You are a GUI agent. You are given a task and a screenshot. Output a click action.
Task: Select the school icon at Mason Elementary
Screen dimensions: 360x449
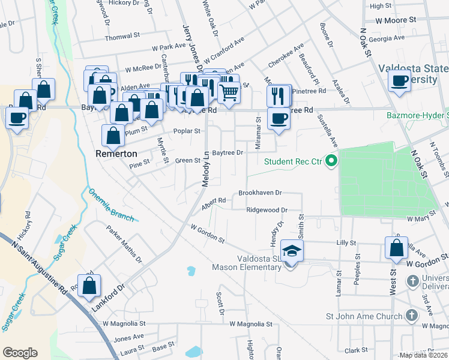click(x=292, y=251)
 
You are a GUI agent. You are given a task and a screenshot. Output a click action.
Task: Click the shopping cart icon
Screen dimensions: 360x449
click(x=228, y=92)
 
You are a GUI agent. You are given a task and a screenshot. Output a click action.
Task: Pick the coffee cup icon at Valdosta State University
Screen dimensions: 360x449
click(x=399, y=80)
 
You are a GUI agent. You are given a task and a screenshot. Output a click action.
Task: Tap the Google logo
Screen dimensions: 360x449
click(x=20, y=352)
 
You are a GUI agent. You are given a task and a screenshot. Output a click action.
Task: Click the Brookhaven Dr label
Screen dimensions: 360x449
click(x=260, y=193)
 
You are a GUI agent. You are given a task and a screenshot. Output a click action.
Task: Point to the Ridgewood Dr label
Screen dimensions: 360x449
click(x=267, y=210)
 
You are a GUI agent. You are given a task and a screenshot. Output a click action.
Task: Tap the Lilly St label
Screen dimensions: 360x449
click(x=346, y=243)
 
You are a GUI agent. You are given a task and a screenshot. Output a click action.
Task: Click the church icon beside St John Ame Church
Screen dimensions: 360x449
click(x=411, y=315)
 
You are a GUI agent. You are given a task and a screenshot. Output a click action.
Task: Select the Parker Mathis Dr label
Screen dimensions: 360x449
click(x=124, y=244)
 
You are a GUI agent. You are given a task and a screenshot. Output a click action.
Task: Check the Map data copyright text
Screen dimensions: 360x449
click(x=423, y=355)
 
